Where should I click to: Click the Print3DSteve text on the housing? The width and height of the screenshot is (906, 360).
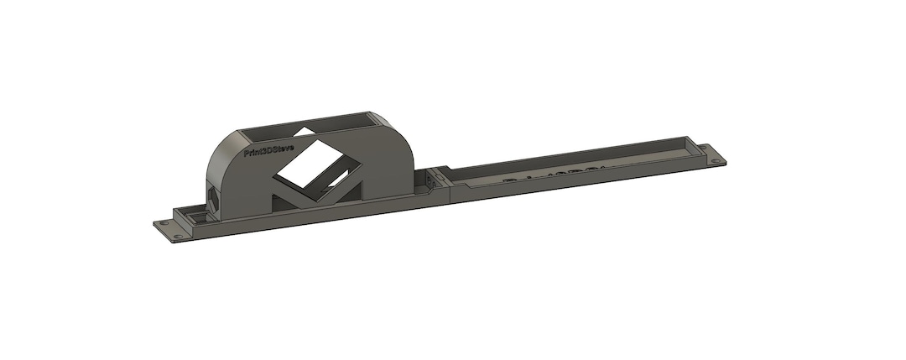(x=268, y=151)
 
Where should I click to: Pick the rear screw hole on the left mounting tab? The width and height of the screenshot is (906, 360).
(x=164, y=224)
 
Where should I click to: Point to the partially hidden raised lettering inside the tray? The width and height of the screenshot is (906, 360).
(x=554, y=176)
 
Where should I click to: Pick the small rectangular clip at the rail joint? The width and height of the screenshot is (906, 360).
(x=433, y=182)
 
